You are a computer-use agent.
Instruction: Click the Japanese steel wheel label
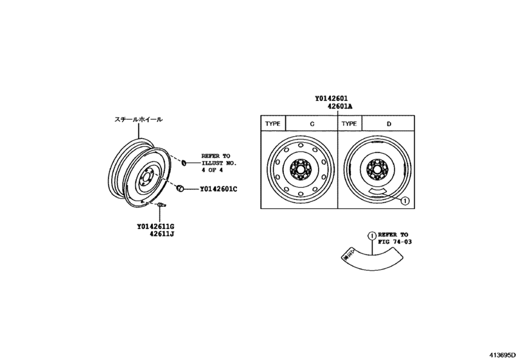tap(138, 120)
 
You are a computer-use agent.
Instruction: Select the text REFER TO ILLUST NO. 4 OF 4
tap(218, 164)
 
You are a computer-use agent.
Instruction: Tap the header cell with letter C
tap(312, 123)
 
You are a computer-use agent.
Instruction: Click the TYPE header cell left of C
tap(273, 123)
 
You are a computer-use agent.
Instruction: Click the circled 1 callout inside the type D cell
tap(405, 201)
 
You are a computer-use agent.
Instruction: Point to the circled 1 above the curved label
tap(371, 235)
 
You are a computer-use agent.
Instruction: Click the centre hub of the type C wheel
tap(299, 170)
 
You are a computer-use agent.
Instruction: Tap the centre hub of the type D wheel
tap(376, 170)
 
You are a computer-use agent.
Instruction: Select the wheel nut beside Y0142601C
tap(181, 188)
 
